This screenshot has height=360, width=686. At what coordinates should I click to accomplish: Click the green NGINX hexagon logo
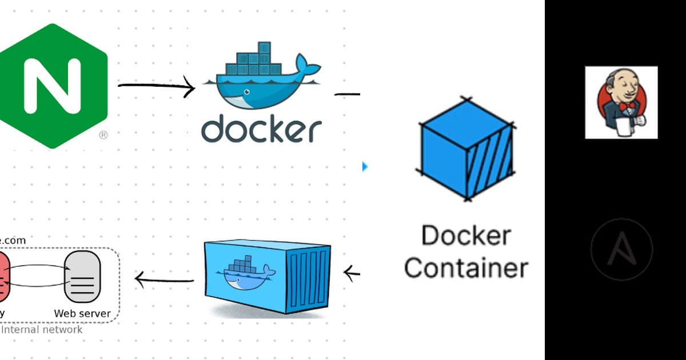(51, 86)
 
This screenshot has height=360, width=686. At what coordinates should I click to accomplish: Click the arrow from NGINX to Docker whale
(155, 87)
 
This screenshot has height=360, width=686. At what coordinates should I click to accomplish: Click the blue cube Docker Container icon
(466, 150)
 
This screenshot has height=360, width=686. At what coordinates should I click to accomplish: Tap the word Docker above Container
(466, 235)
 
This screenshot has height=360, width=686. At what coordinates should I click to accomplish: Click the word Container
(466, 267)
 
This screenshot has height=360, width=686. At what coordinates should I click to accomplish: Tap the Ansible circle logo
(621, 250)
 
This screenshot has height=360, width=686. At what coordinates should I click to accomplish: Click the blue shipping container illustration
(268, 277)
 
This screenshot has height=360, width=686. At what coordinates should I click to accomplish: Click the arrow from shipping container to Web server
(164, 279)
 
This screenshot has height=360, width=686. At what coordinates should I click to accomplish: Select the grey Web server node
(82, 277)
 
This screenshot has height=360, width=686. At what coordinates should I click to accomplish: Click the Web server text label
(82, 313)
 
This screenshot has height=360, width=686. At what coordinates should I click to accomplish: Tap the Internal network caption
(42, 330)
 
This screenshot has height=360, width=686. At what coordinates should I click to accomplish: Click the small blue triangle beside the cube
(365, 166)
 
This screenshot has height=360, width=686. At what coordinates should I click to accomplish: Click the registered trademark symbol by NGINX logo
(103, 135)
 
